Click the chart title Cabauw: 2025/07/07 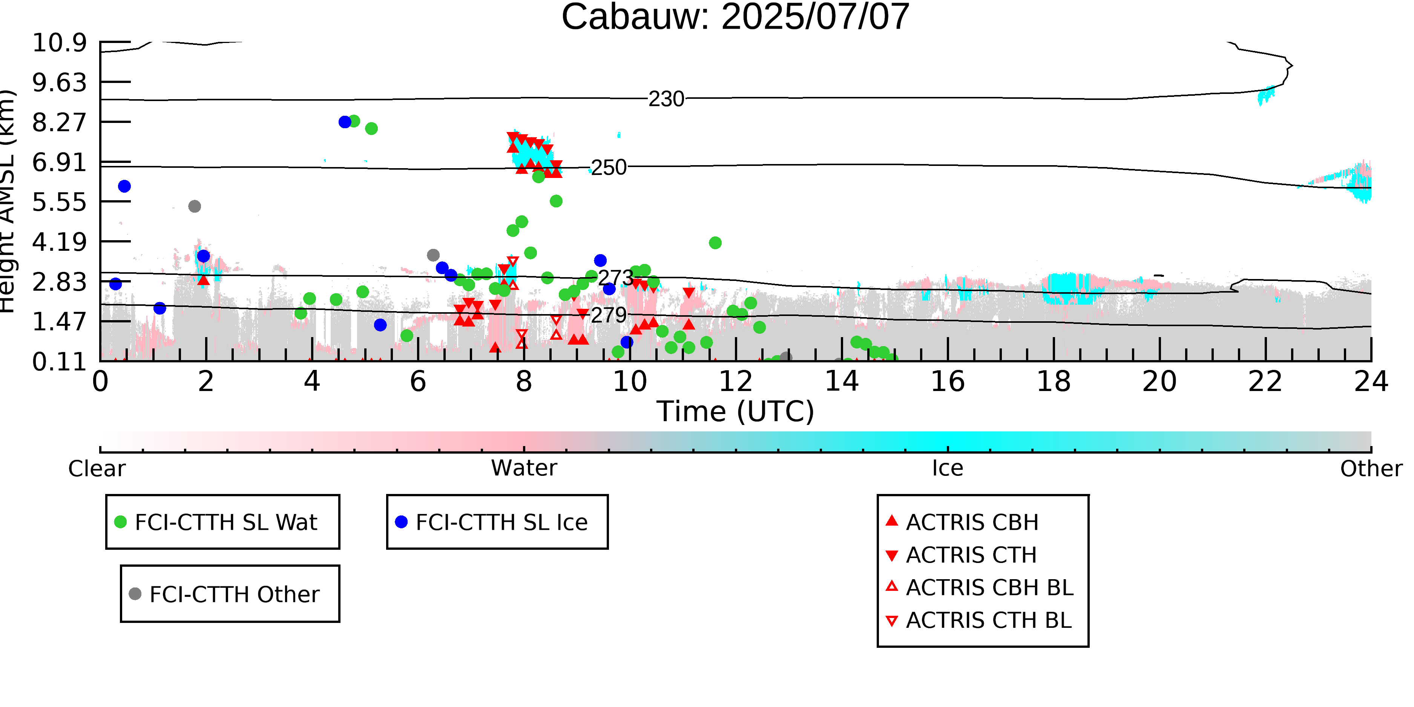(735, 17)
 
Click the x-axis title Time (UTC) (735, 412)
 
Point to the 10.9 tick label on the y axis (59, 43)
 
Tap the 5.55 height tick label (59, 202)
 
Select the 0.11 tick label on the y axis (59, 362)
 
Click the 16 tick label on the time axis (948, 382)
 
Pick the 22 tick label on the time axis (1265, 382)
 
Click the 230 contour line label (666, 99)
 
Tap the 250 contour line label (608, 168)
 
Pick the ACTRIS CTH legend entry (961, 555)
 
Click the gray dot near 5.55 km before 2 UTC (194, 206)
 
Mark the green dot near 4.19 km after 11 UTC (715, 242)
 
